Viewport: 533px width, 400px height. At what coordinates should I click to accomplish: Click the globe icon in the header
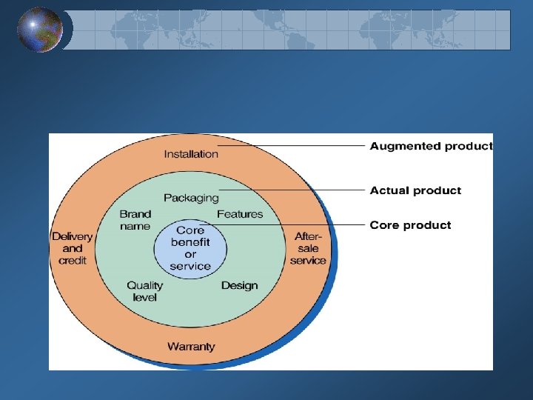[40, 30]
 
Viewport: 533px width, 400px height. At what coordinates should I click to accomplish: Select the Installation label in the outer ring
[191, 154]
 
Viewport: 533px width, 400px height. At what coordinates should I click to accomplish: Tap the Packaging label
[191, 198]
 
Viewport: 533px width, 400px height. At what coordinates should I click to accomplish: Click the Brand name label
[135, 220]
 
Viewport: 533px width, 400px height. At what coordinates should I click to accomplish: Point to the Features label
[240, 214]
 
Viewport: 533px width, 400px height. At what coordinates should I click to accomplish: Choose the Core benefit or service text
[190, 248]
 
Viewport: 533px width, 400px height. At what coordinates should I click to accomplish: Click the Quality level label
[144, 291]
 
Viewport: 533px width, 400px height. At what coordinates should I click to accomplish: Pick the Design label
[239, 285]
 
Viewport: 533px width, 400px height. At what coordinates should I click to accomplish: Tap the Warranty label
[191, 346]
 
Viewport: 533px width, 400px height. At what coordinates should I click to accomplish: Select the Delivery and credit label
[73, 248]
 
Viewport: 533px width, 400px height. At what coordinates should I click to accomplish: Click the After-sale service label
[308, 248]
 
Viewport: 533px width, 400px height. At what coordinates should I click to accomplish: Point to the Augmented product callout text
[431, 146]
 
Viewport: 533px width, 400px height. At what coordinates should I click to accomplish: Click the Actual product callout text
[415, 190]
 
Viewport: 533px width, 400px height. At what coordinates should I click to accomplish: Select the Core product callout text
[410, 225]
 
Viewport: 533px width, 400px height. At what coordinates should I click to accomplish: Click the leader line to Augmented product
[296, 146]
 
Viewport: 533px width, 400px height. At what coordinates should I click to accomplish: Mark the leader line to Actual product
[296, 190]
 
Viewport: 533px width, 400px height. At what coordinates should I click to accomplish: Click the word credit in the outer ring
[73, 260]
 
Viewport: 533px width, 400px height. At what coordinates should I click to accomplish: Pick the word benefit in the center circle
[190, 242]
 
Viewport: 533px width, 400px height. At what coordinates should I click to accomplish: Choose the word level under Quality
[144, 297]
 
